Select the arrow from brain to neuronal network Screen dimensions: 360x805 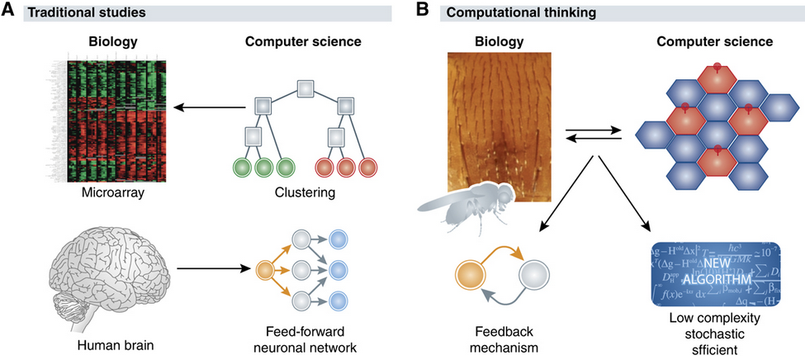coord(211,268)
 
